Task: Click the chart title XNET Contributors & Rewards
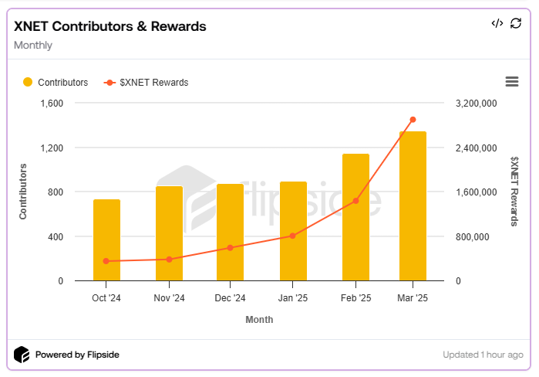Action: point(110,26)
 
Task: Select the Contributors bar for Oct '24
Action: point(106,240)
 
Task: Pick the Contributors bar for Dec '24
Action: point(230,233)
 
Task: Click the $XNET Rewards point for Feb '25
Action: point(355,201)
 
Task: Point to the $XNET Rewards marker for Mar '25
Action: point(413,120)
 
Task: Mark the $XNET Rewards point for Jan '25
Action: point(293,236)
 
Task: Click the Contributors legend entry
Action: point(56,83)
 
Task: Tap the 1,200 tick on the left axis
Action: point(51,148)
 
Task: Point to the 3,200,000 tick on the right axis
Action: point(477,104)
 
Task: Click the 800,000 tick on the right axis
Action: point(473,237)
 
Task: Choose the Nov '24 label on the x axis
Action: point(169,297)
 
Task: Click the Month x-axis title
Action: point(259,319)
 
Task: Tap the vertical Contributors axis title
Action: point(23,192)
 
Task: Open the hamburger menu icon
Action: point(511,82)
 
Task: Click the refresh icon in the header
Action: point(516,23)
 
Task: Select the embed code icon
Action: point(497,23)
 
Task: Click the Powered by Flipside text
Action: point(77,355)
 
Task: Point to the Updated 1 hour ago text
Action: point(483,355)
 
